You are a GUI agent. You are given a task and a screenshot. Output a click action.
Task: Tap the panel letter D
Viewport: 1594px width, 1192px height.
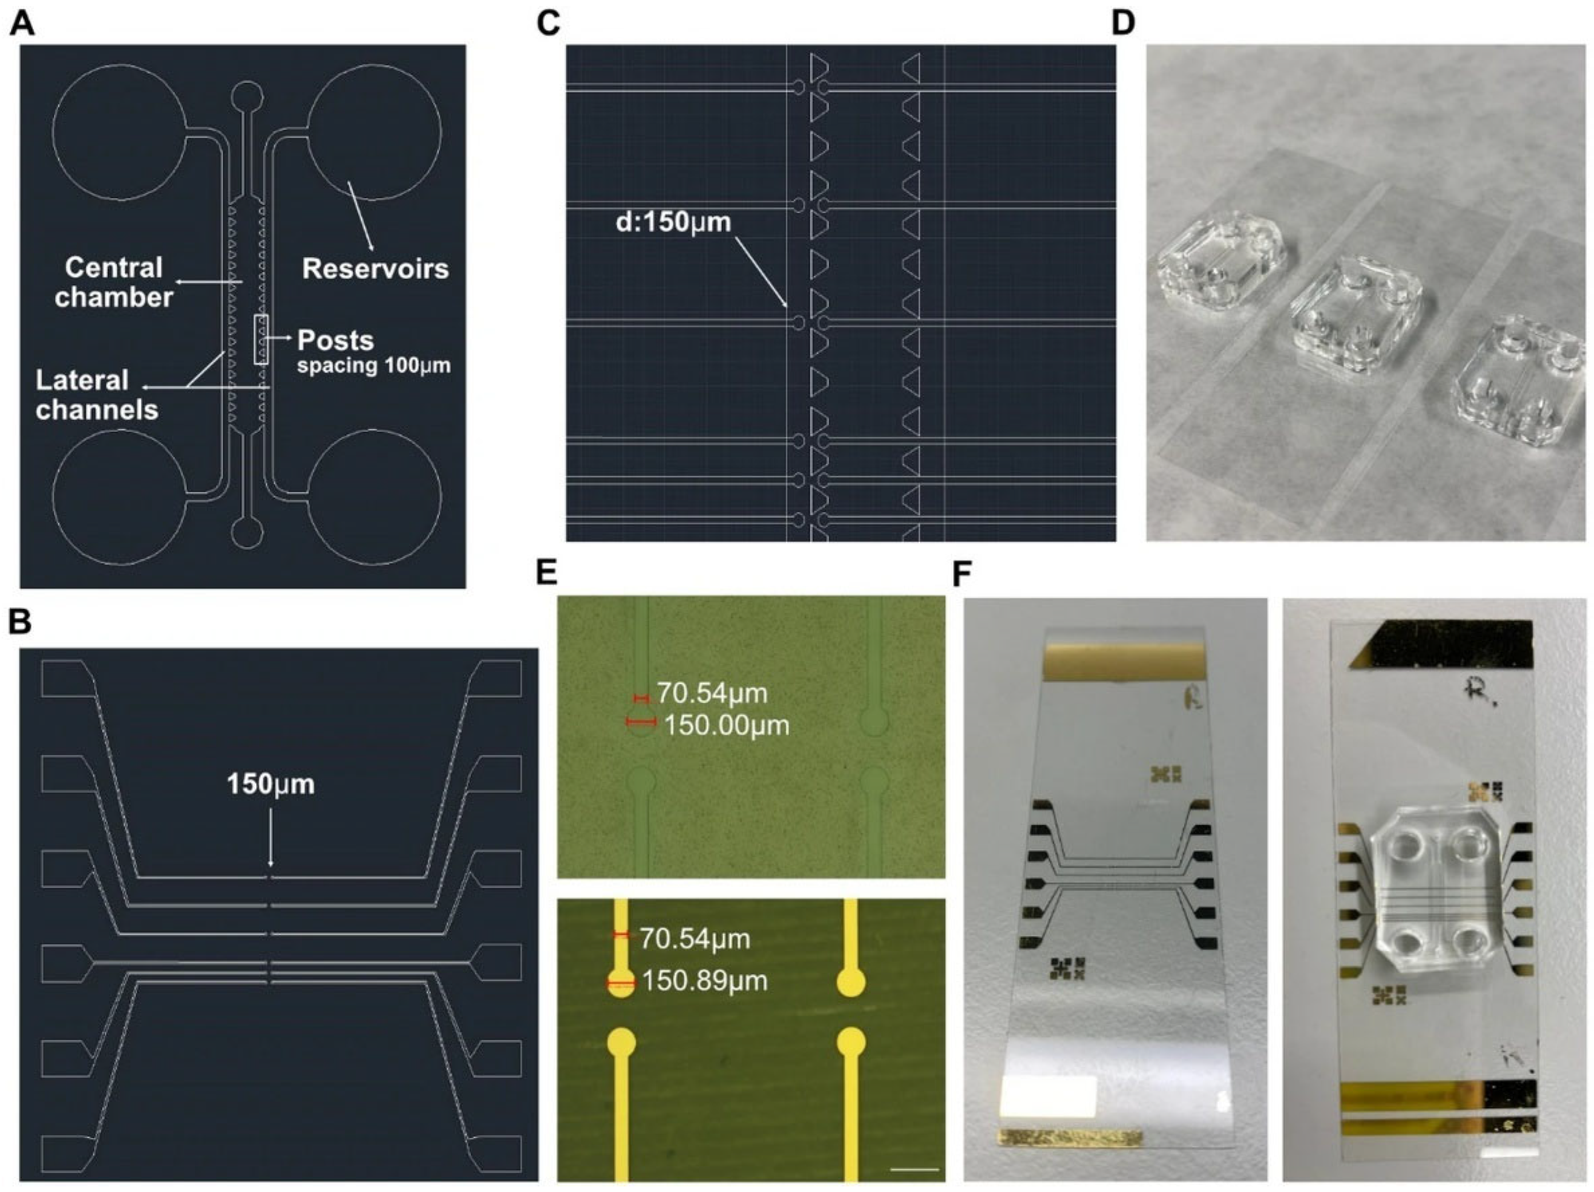coord(1123,24)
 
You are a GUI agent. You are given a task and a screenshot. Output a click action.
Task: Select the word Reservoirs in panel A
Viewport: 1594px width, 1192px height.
coord(375,269)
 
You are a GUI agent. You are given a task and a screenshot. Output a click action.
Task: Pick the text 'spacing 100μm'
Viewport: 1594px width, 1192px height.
coord(374,366)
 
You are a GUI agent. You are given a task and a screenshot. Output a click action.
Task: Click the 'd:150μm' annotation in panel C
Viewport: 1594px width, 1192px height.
coord(672,222)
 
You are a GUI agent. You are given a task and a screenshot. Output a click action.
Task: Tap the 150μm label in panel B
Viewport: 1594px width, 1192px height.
coord(271,784)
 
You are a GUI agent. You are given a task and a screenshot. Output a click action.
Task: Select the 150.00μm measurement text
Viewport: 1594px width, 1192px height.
coord(726,725)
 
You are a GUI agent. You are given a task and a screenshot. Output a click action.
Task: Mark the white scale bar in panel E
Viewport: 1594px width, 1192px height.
coord(915,1169)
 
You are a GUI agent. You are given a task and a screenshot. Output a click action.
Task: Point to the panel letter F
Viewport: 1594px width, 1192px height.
coord(962,575)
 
